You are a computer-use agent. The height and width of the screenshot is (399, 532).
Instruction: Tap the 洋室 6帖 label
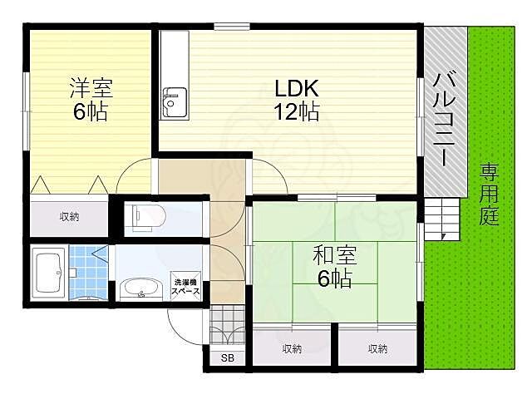pyautogui.click(x=89, y=99)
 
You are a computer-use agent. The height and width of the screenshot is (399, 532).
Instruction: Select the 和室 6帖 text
pyautogui.click(x=332, y=267)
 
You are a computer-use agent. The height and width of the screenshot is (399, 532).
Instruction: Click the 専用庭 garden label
pyautogui.click(x=488, y=195)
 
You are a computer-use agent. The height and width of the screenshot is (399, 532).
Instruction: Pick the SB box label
pyautogui.click(x=227, y=359)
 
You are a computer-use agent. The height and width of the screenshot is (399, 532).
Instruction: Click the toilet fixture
pyautogui.click(x=149, y=219)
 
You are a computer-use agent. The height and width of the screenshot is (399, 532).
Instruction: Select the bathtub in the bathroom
pyautogui.click(x=49, y=271)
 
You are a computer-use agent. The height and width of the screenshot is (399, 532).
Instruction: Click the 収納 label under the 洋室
pyautogui.click(x=69, y=217)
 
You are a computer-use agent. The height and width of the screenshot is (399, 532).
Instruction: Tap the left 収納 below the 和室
pyautogui.click(x=291, y=348)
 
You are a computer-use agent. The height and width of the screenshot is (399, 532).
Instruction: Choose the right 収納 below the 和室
pyautogui.click(x=377, y=348)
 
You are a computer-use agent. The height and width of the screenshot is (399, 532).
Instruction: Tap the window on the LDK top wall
pyautogui.click(x=232, y=27)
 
